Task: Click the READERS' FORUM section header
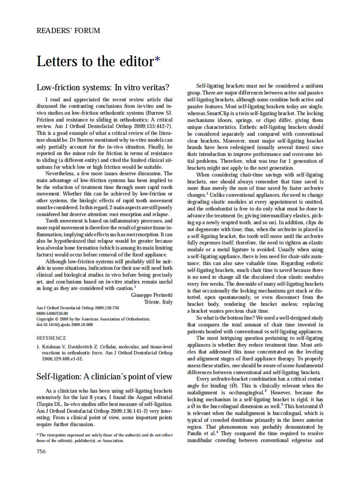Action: point(68,31)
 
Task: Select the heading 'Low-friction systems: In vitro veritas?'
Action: point(103,87)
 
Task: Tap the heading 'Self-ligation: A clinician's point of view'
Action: point(104,376)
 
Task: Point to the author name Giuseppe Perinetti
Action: point(152,295)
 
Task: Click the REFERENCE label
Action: point(51,338)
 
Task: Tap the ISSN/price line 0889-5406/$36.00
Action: point(55,314)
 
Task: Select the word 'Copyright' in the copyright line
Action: point(45,319)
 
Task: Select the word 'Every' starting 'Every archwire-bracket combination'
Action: point(203,379)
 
